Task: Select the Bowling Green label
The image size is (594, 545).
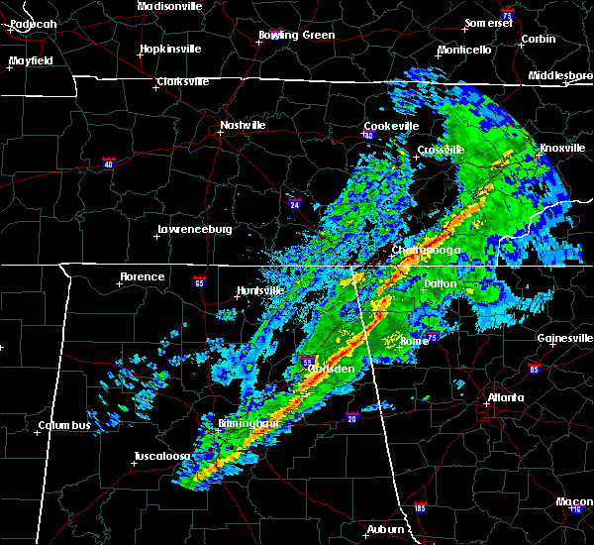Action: tap(296, 36)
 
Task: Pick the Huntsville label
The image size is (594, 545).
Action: tap(259, 290)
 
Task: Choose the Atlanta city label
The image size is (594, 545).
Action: tap(506, 398)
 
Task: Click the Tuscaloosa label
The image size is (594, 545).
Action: tap(162, 457)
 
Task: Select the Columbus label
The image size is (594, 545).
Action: tap(64, 426)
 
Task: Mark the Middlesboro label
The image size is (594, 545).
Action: tap(559, 75)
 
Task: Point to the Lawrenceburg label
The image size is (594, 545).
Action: tap(194, 232)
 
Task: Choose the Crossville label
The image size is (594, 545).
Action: tap(440, 150)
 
